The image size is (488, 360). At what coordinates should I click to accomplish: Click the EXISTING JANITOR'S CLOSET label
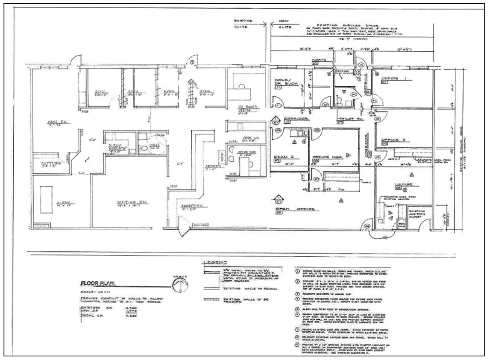click(418, 214)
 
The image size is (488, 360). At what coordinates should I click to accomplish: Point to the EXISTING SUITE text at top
click(243, 22)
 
